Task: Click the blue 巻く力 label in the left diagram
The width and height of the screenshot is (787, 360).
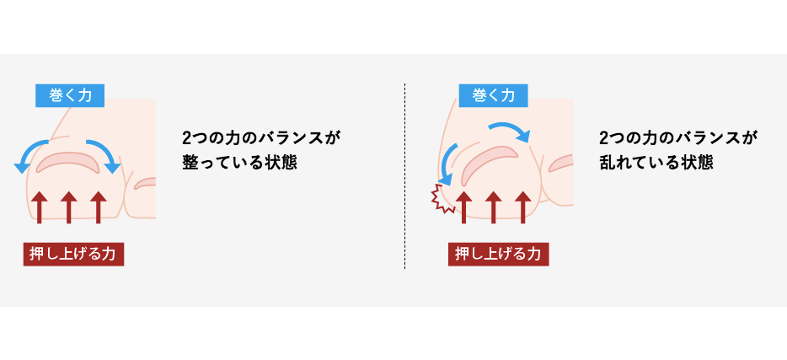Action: (x=70, y=95)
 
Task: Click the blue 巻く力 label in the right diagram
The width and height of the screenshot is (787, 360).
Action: (x=494, y=95)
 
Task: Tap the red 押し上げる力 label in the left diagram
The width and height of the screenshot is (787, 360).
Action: (x=73, y=254)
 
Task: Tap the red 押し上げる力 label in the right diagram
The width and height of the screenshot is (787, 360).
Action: (x=498, y=254)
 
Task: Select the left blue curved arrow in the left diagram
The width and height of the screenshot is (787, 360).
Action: (x=28, y=152)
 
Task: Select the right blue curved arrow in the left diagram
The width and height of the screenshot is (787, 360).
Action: (x=107, y=152)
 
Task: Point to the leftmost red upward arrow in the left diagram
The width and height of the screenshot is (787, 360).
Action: (x=39, y=207)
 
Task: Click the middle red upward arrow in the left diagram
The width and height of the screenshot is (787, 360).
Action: (x=69, y=207)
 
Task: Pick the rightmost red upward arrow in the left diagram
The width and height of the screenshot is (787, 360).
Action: (x=99, y=207)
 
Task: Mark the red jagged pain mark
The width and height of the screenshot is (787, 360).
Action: (x=441, y=198)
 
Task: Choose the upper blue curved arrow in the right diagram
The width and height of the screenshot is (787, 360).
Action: (x=513, y=127)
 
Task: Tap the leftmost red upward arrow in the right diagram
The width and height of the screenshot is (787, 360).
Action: (x=463, y=207)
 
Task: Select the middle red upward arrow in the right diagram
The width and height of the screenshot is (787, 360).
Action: (x=494, y=207)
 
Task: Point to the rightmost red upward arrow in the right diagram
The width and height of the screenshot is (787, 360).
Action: (x=523, y=207)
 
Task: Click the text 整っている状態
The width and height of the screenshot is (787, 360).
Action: (x=239, y=164)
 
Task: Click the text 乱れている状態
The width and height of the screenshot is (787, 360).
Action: (x=656, y=164)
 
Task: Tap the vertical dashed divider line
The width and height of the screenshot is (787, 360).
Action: (x=404, y=176)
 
